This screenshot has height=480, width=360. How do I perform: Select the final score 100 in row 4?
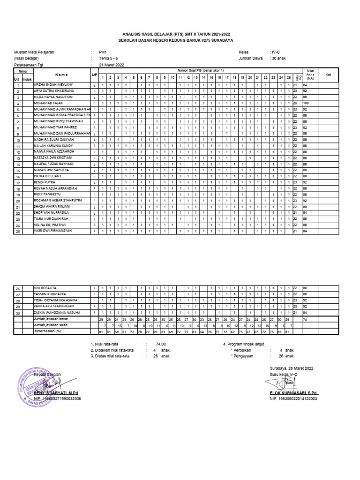pos(306,103)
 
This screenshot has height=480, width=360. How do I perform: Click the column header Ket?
pos(329,75)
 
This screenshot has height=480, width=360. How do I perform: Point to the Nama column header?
pos(61,75)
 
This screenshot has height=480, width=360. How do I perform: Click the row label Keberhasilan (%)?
pos(49,331)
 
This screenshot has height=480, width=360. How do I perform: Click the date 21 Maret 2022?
pos(111,65)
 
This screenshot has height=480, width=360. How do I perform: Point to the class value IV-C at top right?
pos(277,52)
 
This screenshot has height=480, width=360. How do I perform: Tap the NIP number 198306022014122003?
pos(293,398)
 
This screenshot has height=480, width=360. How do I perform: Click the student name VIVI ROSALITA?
pos(45,287)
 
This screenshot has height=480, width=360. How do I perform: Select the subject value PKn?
pos(103,52)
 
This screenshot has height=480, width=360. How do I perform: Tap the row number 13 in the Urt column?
pos(18,158)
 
